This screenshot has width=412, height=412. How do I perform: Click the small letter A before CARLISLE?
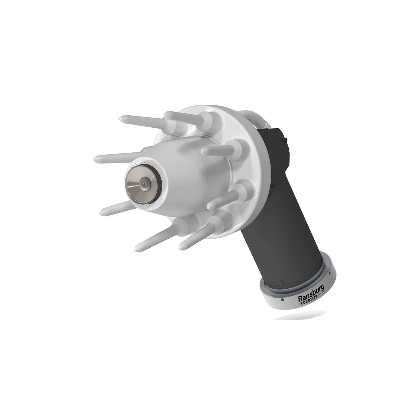(x=300, y=304)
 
